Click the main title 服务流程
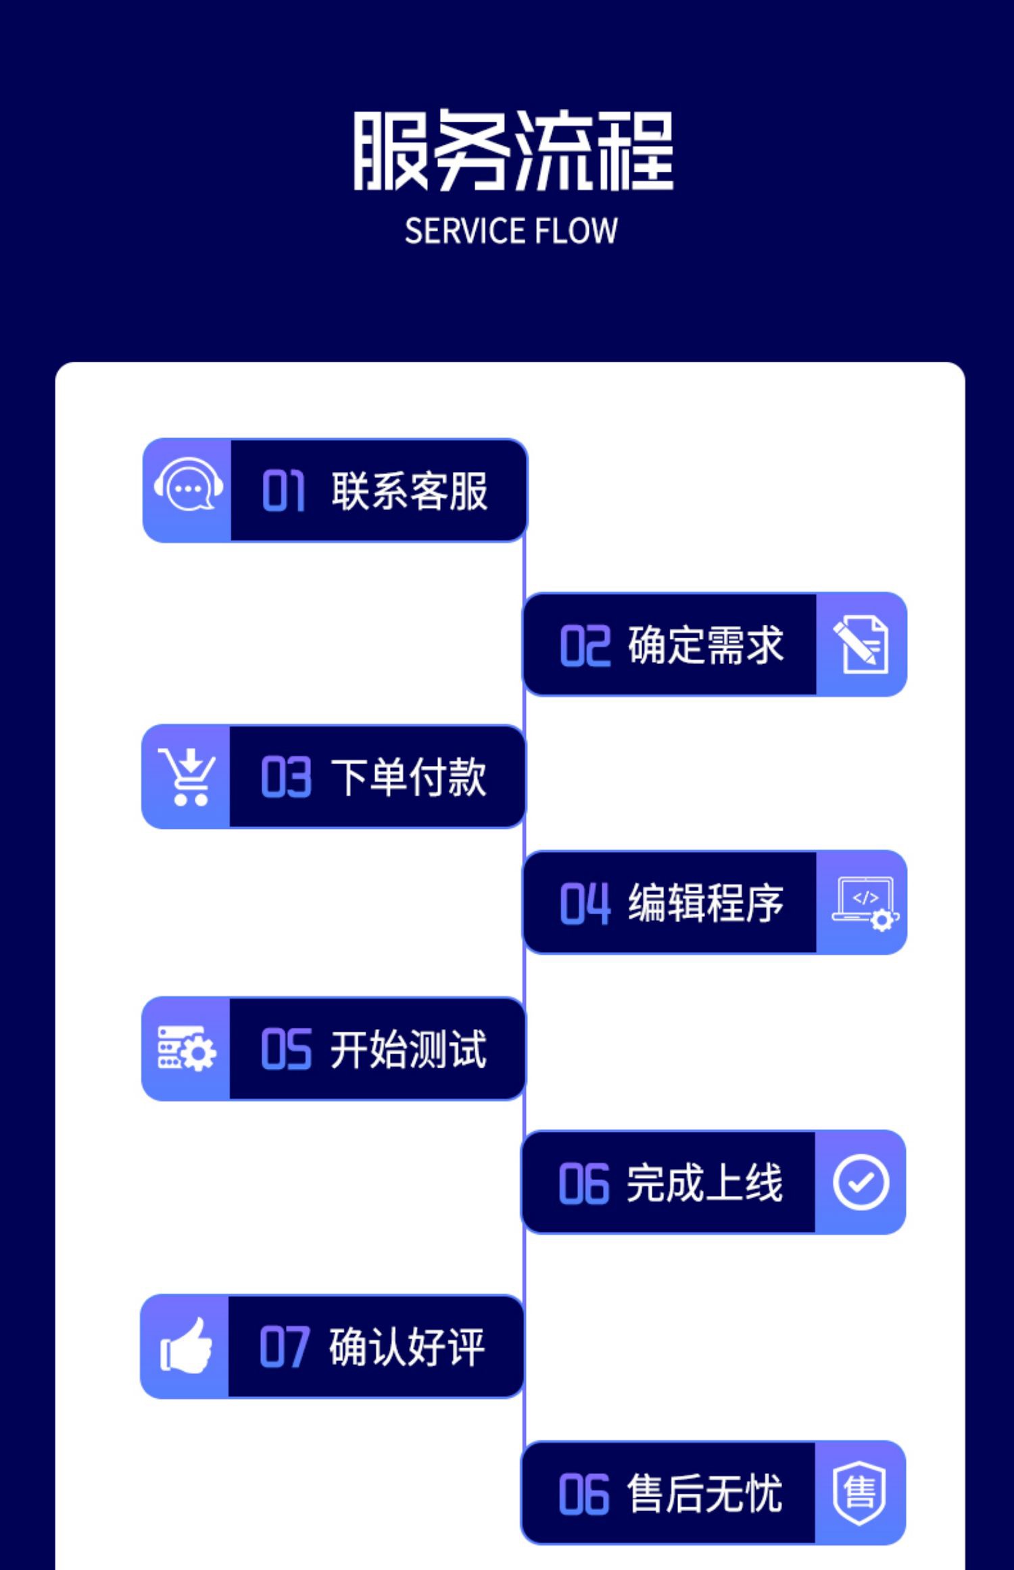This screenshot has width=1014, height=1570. point(513,150)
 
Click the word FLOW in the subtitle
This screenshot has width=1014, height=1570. point(575,231)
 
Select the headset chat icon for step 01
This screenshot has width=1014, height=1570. point(188,487)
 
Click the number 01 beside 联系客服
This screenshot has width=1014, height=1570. point(283,491)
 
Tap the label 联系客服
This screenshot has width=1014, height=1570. point(409,491)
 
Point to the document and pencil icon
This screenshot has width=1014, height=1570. point(861,644)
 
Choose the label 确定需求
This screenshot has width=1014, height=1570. point(705,645)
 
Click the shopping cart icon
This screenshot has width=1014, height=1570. point(187,777)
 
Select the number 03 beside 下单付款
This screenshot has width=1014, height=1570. point(285,778)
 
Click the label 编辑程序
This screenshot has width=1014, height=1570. point(705,903)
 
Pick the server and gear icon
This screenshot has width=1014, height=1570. point(186,1049)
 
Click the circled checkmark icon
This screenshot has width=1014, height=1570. point(861,1183)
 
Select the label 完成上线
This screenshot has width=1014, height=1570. point(704,1183)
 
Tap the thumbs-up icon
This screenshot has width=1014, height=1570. point(186,1346)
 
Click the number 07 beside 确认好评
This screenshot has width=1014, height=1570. point(284,1348)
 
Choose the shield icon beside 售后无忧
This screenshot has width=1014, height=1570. point(859,1493)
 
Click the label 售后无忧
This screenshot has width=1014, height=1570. point(704,1494)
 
